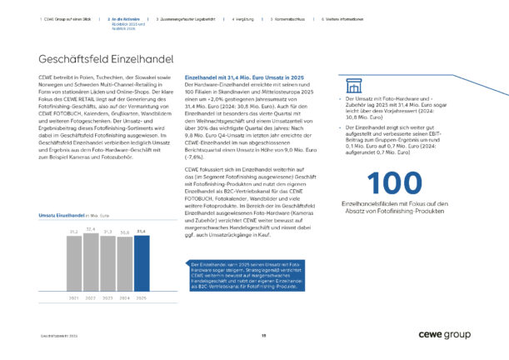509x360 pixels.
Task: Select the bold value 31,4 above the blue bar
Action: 141,231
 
